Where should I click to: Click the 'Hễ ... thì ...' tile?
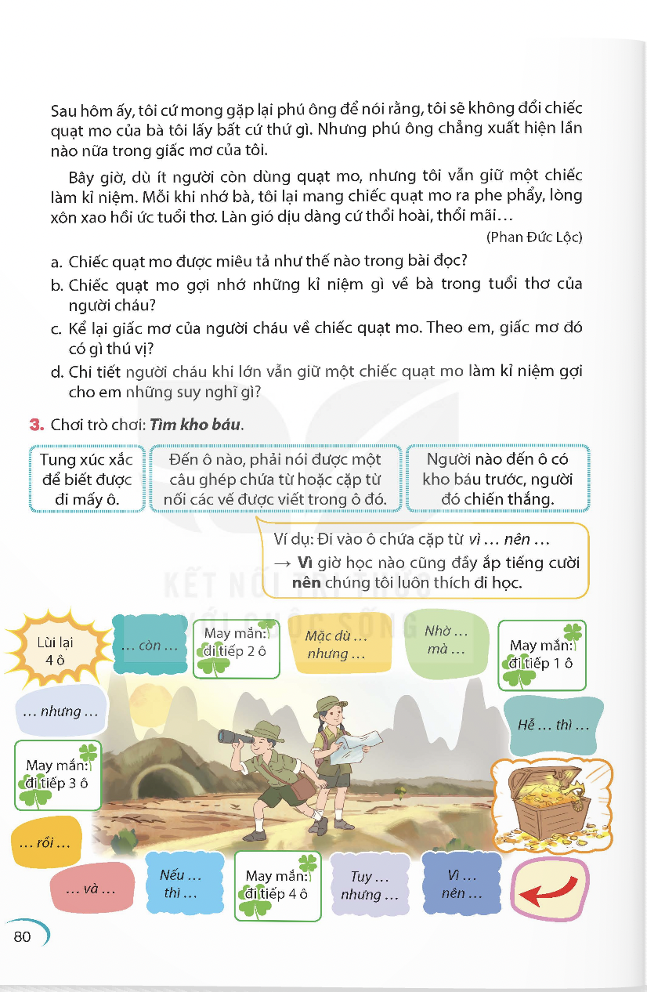pyautogui.click(x=553, y=725)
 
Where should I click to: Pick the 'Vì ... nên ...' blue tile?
pyautogui.click(x=461, y=885)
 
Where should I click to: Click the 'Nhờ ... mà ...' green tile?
pyautogui.click(x=446, y=640)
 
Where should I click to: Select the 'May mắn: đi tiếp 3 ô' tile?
pyautogui.click(x=57, y=774)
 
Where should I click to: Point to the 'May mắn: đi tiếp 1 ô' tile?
pyautogui.click(x=541, y=655)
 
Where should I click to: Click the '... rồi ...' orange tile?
pyautogui.click(x=44, y=843)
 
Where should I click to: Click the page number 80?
pyautogui.click(x=22, y=936)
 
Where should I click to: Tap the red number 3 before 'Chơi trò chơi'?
pyautogui.click(x=34, y=425)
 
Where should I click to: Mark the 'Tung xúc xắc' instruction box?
pyautogui.click(x=87, y=479)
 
